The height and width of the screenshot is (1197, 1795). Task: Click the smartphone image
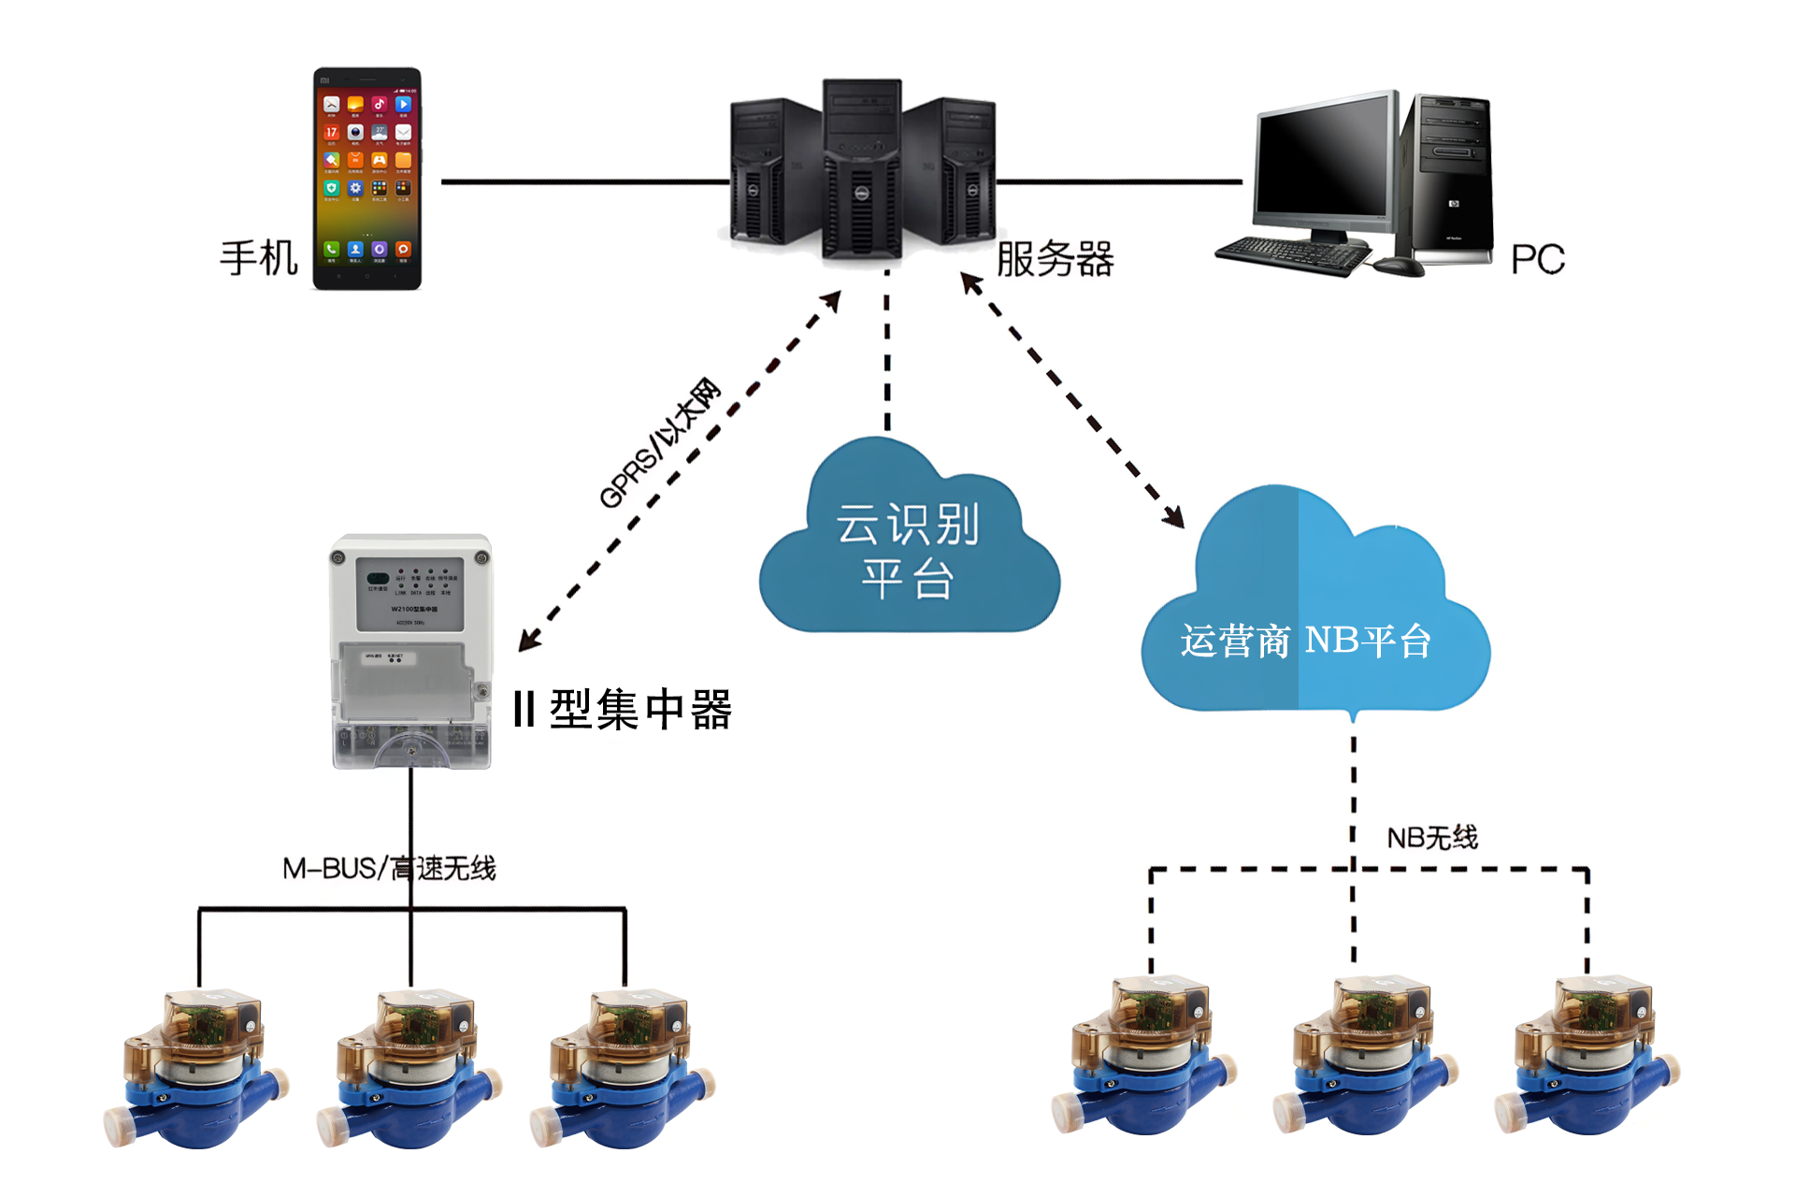tap(366, 178)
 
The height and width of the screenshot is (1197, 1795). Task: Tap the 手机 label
tap(258, 258)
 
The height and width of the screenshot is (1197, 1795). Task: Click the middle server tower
tap(861, 168)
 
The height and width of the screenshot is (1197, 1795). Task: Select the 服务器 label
tap(1055, 259)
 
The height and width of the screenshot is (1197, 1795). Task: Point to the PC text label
tap(1537, 260)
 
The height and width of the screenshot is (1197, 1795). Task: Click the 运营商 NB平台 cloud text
tap(1305, 642)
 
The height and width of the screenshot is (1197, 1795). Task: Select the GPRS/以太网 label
tap(660, 443)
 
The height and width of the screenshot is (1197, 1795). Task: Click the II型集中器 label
tap(623, 709)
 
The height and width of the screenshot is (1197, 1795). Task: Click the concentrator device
tap(411, 651)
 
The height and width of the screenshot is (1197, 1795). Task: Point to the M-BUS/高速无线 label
tap(389, 869)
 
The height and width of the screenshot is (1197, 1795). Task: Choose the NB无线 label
tap(1431, 838)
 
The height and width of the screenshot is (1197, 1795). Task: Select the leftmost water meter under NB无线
tap(1144, 1057)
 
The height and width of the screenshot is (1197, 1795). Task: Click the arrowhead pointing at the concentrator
tap(529, 641)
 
